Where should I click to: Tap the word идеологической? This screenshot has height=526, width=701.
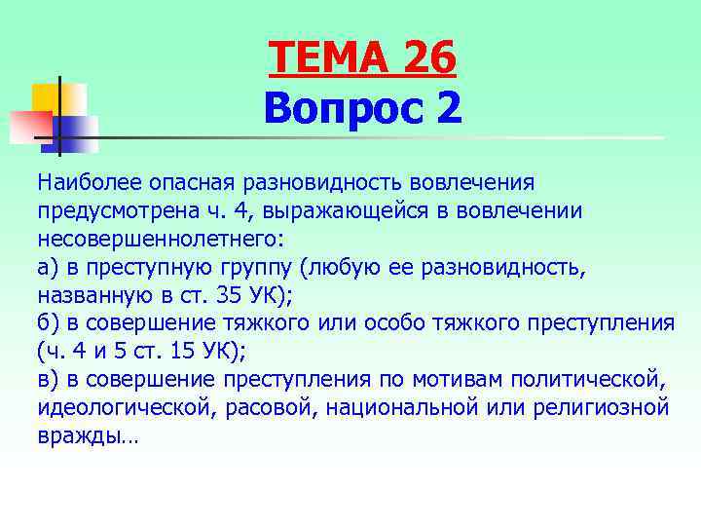(126, 407)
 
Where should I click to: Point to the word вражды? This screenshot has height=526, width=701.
(83, 435)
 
